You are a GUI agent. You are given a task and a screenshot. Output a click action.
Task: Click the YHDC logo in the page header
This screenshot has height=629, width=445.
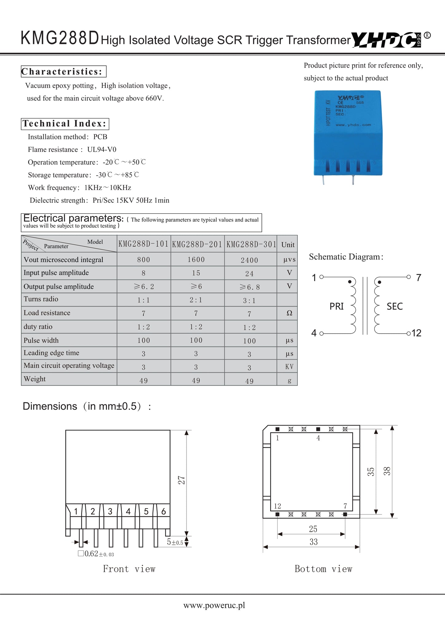[x=386, y=40]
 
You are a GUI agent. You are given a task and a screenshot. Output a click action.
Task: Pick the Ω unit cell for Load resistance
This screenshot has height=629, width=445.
[x=289, y=313]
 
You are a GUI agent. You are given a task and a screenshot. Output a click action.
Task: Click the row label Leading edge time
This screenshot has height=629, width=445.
[x=51, y=353]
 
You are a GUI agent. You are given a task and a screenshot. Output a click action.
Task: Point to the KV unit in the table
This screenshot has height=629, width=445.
[x=289, y=367]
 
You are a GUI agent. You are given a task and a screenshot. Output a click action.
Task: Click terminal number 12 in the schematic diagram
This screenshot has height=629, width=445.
[x=416, y=333]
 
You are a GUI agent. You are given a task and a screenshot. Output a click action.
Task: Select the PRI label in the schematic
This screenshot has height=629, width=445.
[x=337, y=306]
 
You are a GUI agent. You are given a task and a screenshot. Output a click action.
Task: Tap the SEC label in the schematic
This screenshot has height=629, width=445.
[x=395, y=306]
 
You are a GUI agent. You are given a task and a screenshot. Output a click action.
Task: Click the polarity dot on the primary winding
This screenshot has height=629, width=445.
[x=349, y=282]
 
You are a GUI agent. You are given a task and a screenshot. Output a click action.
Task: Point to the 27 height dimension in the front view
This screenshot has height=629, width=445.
[x=182, y=480]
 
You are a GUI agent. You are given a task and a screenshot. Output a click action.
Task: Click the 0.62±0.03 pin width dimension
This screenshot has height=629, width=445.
[x=96, y=554]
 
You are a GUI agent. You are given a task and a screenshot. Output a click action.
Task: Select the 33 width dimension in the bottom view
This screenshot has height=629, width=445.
[x=313, y=542]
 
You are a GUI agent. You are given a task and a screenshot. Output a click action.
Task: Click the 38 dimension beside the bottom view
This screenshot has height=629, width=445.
[x=387, y=471]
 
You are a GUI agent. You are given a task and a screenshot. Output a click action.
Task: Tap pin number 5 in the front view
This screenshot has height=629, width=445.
[x=146, y=511]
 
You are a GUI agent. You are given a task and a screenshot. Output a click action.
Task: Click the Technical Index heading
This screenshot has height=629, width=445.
[x=65, y=124]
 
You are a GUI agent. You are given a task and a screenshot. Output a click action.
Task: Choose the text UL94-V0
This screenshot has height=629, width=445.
[x=102, y=150]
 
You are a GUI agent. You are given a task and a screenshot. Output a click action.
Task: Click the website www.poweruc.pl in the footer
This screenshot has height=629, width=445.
[x=214, y=605]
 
